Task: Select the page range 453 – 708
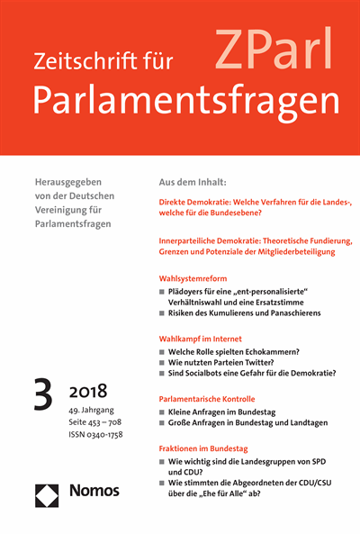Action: [x=112, y=423]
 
